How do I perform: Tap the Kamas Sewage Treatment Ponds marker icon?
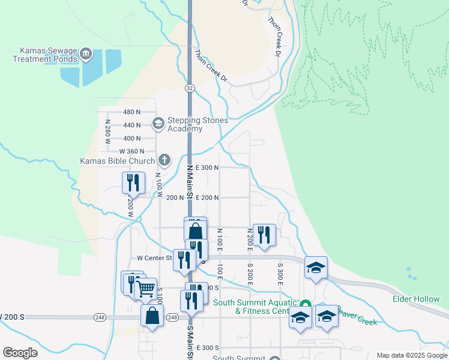86,54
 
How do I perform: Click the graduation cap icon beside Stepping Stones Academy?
158,124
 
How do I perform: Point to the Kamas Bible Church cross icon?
164,160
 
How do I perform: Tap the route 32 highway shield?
190,88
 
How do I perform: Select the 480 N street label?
131,112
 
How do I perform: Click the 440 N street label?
131,125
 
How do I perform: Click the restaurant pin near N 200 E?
264,234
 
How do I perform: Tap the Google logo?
20,353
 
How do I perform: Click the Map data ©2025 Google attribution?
411,355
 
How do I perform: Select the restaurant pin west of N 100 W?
133,182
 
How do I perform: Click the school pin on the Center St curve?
316,268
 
